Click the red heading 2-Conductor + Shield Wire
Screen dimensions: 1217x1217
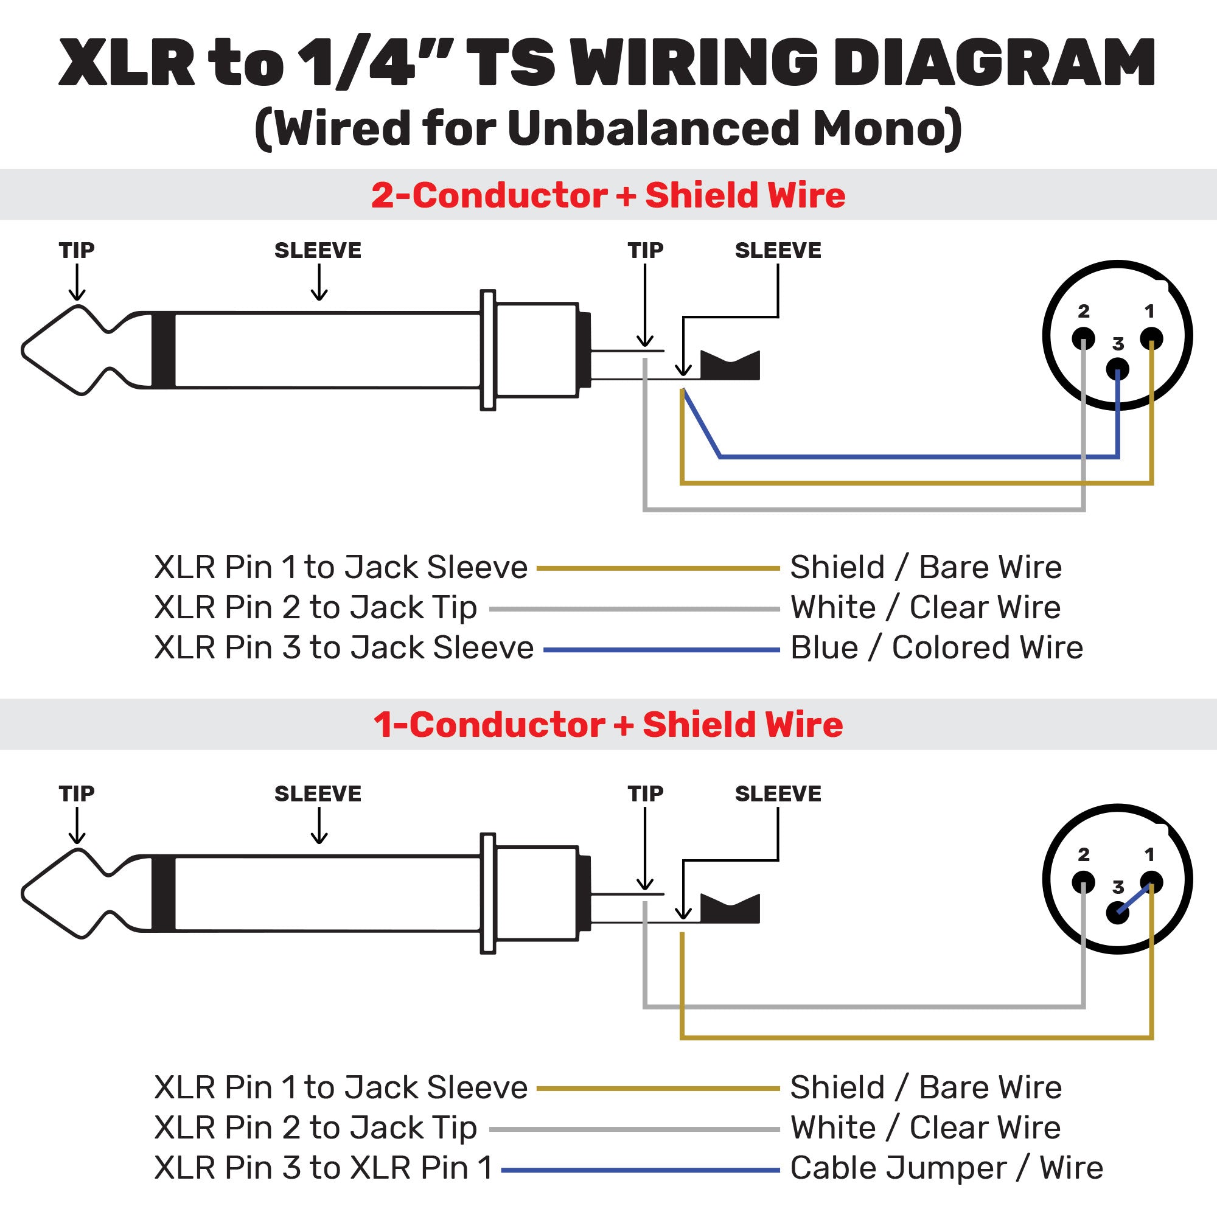pyautogui.click(x=608, y=195)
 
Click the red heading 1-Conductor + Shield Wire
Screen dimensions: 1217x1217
pyautogui.click(x=608, y=724)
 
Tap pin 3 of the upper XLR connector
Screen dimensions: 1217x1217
pyautogui.click(x=1117, y=369)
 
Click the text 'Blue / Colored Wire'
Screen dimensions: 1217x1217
pyautogui.click(x=936, y=647)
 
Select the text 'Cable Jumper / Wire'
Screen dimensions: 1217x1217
pyautogui.click(x=946, y=1168)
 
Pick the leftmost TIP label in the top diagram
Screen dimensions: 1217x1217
pyautogui.click(x=77, y=251)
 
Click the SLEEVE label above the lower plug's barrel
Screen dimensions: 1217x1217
pyautogui.click(x=318, y=793)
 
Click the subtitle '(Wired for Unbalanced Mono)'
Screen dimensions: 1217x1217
pyautogui.click(x=608, y=128)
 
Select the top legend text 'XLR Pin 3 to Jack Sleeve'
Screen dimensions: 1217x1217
pyautogui.click(x=344, y=647)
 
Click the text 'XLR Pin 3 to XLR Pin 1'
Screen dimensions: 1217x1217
pyautogui.click(x=324, y=1168)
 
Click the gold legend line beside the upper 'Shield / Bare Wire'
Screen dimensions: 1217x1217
pyautogui.click(x=658, y=568)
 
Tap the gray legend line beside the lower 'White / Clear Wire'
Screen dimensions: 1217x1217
pyautogui.click(x=634, y=1129)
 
